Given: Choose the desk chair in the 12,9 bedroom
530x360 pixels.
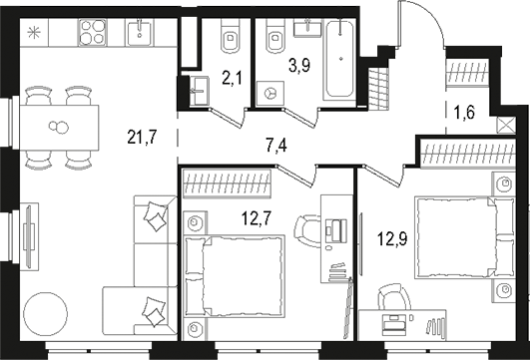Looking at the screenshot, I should click(392, 300).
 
